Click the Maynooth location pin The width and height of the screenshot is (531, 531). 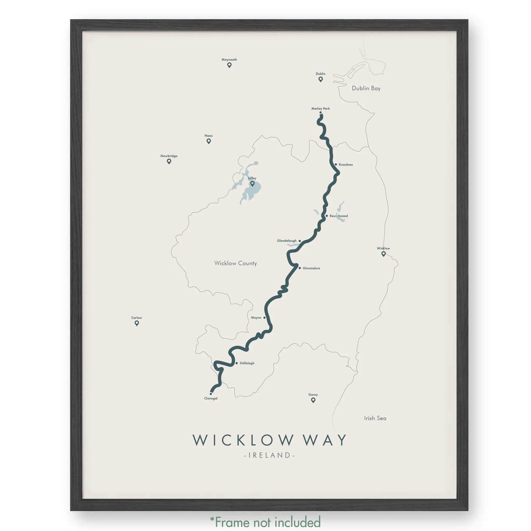229,65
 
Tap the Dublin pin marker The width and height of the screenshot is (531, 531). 320,79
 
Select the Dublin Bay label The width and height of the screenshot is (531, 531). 366,88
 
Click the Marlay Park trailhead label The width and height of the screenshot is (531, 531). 320,109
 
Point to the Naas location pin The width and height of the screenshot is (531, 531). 209,141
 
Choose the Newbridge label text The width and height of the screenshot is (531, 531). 169,156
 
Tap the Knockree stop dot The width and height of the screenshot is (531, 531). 336,164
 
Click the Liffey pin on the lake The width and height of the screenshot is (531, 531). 252,183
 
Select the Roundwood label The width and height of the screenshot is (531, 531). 339,216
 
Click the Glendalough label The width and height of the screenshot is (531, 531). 287,241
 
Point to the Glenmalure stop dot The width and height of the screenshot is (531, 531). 299,268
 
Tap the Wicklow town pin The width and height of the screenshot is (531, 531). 383,254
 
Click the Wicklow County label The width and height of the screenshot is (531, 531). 235,263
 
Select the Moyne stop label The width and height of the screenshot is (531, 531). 256,317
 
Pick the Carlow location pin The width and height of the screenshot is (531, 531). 137,323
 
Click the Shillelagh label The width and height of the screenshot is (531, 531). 247,363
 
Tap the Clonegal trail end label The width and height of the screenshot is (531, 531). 211,398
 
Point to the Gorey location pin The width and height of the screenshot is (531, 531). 313,400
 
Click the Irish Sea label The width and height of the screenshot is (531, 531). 375,418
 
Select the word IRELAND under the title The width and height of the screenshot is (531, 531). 269,455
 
